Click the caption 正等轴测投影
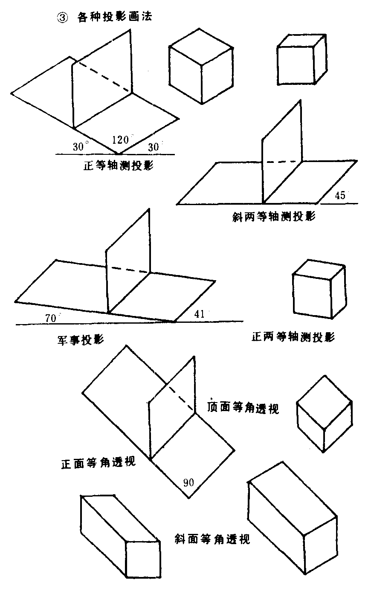coord(119,166)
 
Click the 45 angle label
coord(340,196)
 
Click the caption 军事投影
coord(81,340)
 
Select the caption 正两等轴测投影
coord(293,337)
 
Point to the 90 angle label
coord(189,483)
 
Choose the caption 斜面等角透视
coord(212,539)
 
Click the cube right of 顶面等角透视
coord(325,413)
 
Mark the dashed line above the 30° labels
coord(101,77)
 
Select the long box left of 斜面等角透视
coord(120,536)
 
